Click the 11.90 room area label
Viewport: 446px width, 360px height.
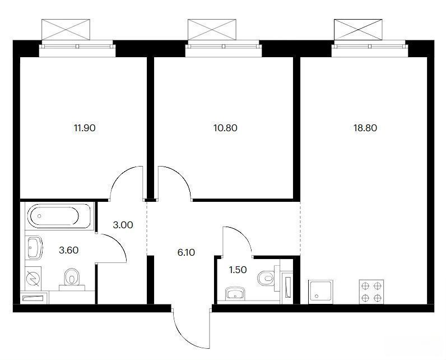[x=85, y=128]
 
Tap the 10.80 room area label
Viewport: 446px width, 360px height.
[x=225, y=128]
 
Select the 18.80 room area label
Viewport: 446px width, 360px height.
[x=365, y=128]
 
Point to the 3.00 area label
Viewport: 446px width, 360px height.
[x=123, y=225]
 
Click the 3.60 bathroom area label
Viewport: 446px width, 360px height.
[x=68, y=251]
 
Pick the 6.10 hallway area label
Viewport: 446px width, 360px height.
[x=186, y=252]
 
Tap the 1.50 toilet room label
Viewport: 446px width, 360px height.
[x=238, y=270]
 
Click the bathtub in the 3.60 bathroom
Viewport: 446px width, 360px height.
[x=59, y=216]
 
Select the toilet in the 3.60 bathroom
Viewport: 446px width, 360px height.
[x=72, y=279]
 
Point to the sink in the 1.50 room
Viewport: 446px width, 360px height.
[x=235, y=294]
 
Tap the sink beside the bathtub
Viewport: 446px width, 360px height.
[x=34, y=248]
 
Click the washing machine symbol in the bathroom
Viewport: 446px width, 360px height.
[x=33, y=278]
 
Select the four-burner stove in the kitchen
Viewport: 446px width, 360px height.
[x=371, y=292]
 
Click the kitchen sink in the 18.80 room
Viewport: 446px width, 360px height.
[x=320, y=292]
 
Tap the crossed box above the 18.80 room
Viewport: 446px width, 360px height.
[x=358, y=30]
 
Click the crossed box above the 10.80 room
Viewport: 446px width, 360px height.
[x=212, y=30]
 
